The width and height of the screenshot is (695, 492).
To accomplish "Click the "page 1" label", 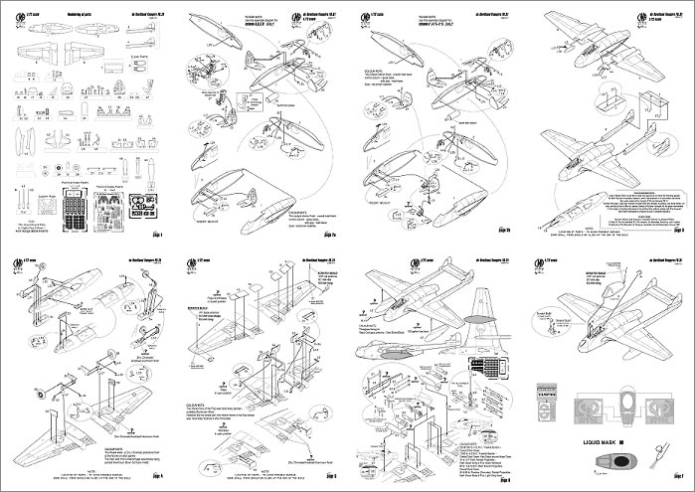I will (157, 235).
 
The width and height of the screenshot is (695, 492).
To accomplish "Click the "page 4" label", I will (157, 479).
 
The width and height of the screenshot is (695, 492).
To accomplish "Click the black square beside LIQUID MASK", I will (619, 441).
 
